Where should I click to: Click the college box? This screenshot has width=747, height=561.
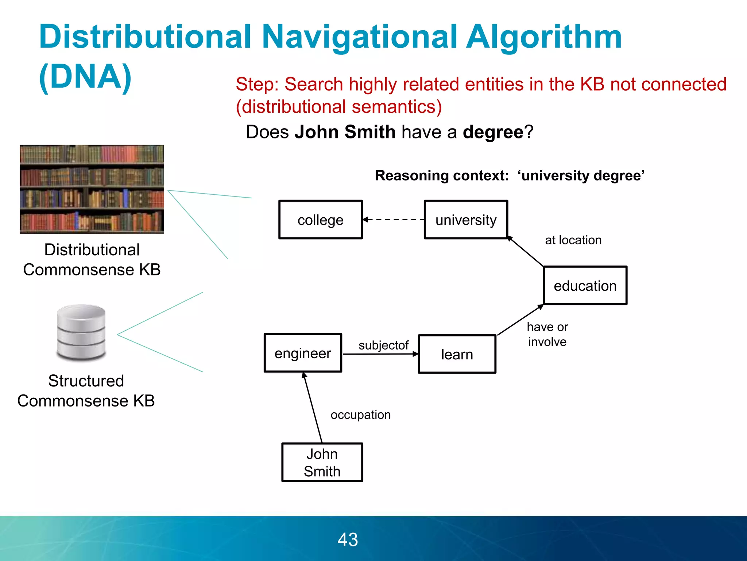point(320,220)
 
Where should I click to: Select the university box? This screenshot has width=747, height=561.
point(466,220)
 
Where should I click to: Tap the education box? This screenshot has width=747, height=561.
point(585,285)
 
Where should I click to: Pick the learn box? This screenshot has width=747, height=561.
point(457,354)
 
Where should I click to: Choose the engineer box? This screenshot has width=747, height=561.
point(303,353)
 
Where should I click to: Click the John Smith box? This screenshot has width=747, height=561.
point(322,462)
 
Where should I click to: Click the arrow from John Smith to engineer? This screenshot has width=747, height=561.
point(313,407)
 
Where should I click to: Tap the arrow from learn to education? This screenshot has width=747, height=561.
point(520,320)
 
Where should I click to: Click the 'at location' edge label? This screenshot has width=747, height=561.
point(573,240)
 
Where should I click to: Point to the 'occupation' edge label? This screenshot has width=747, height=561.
point(360,415)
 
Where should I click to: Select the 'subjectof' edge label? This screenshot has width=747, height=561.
point(383,345)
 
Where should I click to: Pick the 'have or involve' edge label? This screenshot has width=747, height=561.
point(547,334)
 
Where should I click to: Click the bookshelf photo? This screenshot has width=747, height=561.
point(92,189)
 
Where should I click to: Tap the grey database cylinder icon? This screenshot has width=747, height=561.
point(81,332)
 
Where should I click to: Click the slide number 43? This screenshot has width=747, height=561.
point(348,539)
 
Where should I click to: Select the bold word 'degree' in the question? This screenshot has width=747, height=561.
point(493,132)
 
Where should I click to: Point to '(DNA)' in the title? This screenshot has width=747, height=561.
point(85,76)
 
